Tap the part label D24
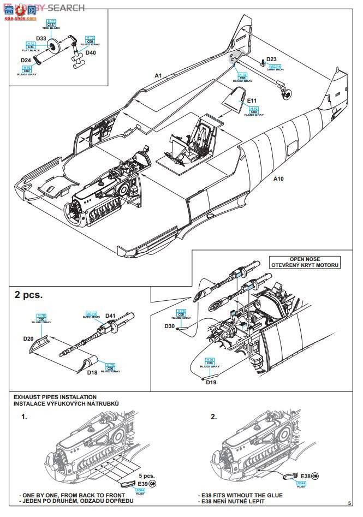(x=26, y=60)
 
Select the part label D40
(x=91, y=53)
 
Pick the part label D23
(x=271, y=60)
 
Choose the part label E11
(x=252, y=101)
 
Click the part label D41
(x=111, y=316)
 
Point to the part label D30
(x=170, y=326)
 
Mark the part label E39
(x=144, y=484)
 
